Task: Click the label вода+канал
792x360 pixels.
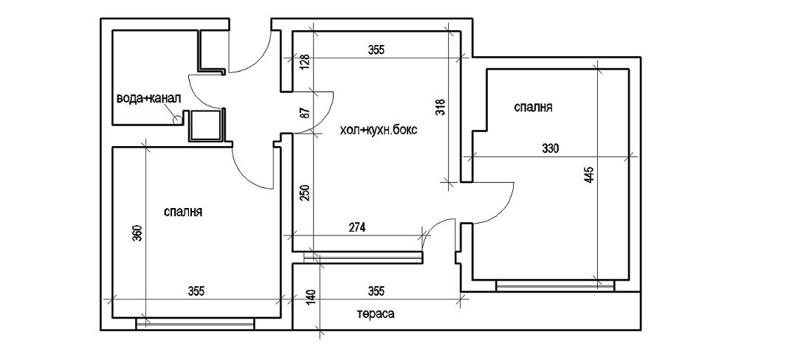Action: pyautogui.click(x=148, y=97)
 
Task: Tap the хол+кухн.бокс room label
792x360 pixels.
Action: pyautogui.click(x=379, y=131)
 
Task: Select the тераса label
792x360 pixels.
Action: pyautogui.click(x=376, y=314)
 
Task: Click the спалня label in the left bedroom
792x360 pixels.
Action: pyautogui.click(x=183, y=212)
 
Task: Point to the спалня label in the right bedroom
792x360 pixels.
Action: pyautogui.click(x=533, y=108)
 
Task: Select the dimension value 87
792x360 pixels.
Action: pyautogui.click(x=303, y=113)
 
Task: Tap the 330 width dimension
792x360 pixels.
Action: pyautogui.click(x=550, y=148)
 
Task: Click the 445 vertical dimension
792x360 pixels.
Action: pyautogui.click(x=588, y=176)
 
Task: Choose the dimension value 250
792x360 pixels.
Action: pyautogui.click(x=303, y=193)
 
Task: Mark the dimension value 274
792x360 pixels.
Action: pyautogui.click(x=357, y=227)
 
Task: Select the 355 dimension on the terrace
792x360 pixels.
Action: pyautogui.click(x=376, y=291)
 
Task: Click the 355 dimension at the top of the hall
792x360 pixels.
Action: pyautogui.click(x=376, y=50)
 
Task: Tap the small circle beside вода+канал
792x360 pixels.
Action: pyautogui.click(x=176, y=117)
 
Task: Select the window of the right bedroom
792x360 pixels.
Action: pyautogui.click(x=555, y=285)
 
